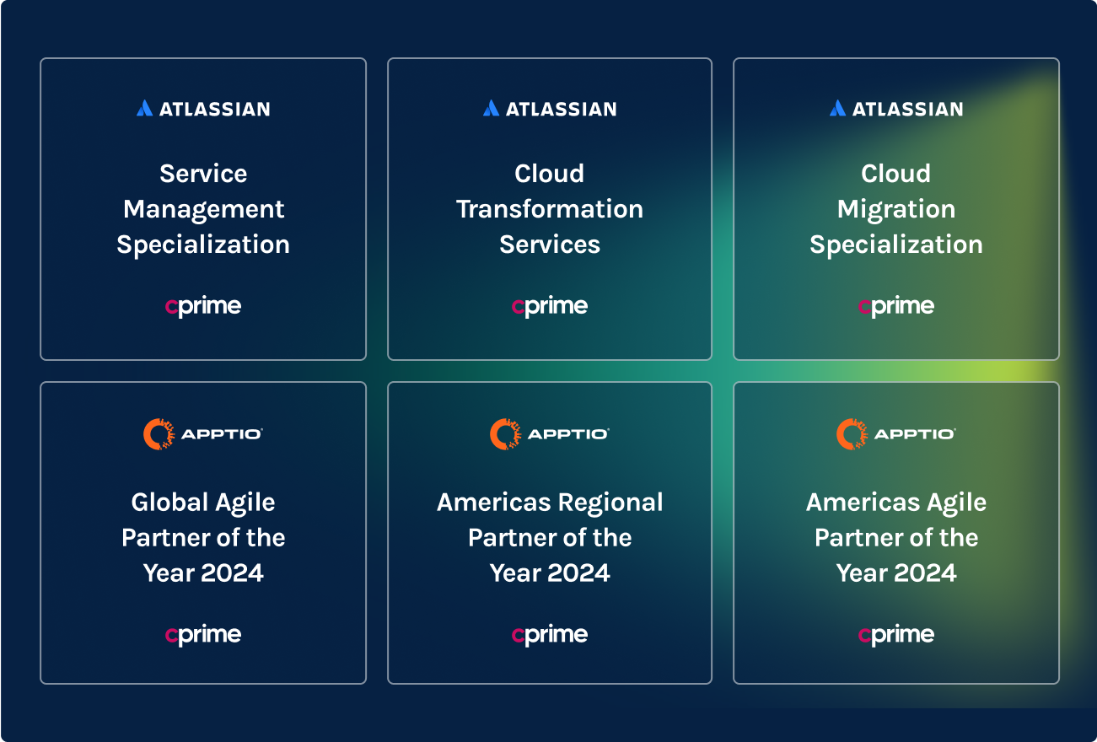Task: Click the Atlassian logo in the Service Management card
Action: click(203, 108)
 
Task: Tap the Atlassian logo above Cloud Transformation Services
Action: click(550, 108)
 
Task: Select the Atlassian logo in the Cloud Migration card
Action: click(896, 108)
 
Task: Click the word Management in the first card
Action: click(203, 210)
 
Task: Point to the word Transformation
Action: click(550, 209)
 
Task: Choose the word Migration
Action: click(896, 210)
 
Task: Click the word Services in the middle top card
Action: click(550, 245)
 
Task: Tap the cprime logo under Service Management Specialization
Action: click(203, 307)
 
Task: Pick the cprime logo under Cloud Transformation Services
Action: click(550, 307)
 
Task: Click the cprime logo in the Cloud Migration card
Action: click(896, 307)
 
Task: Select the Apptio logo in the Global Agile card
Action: click(203, 434)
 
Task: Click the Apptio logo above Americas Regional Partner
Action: click(550, 434)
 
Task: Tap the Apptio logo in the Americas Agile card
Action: click(896, 434)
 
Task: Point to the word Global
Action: click(170, 503)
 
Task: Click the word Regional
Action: click(610, 503)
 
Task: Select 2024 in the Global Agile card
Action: click(232, 573)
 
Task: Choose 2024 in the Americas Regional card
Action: click(579, 573)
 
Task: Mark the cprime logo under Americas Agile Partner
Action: click(896, 635)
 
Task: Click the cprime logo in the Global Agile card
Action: click(203, 635)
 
